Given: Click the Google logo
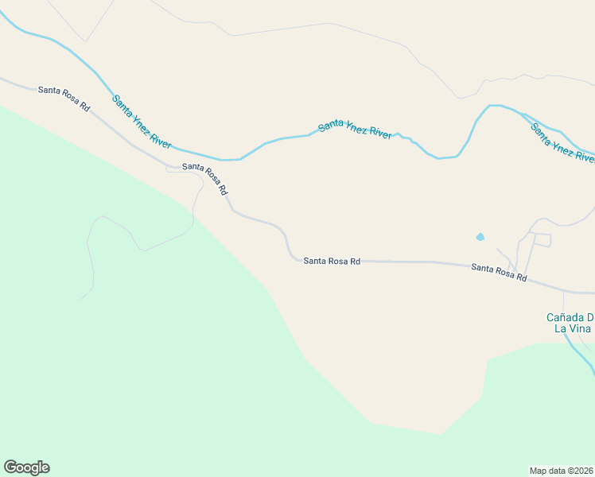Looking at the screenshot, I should pos(26,467).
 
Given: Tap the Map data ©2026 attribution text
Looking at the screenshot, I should pos(562,470).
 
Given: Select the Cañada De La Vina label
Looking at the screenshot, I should pos(570,323).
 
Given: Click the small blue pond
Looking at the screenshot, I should pos(480,236).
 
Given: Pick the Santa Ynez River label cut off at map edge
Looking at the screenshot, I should pos(562,142).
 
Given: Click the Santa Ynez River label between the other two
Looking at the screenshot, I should pos(355,128).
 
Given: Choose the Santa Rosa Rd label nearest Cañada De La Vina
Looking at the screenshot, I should pos(499,273).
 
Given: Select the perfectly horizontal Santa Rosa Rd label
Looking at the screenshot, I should pos(332,261).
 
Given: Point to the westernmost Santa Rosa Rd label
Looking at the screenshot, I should pos(64,97).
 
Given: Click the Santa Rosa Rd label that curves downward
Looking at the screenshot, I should pos(205,178).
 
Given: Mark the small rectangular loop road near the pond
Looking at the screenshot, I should pos(541,240).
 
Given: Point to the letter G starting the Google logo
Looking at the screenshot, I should pos(10,467).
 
